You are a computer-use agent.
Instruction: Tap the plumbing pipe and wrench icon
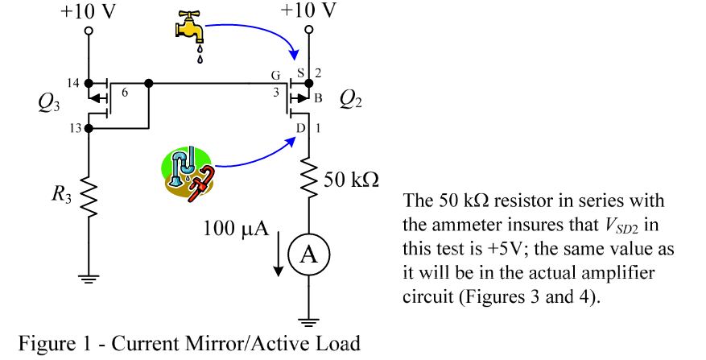point(186,170)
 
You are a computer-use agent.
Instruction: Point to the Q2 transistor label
point(352,99)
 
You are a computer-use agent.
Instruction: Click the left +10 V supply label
point(89,10)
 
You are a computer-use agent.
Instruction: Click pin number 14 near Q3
point(74,83)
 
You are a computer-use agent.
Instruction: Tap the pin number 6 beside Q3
point(125,93)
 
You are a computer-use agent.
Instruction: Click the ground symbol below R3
point(89,279)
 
